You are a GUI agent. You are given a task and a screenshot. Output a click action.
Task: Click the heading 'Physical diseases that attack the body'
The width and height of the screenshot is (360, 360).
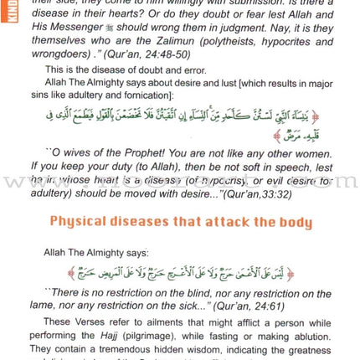pyautogui.click(x=180, y=223)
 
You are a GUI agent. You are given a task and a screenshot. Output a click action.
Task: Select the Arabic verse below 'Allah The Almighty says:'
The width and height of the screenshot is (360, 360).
pyautogui.click(x=180, y=273)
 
